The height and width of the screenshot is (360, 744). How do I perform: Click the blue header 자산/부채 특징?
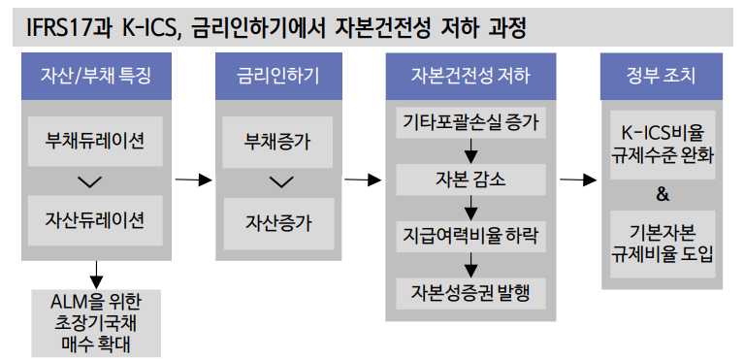click(95, 75)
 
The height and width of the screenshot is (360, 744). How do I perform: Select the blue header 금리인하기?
click(277, 75)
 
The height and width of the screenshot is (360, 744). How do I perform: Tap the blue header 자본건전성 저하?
click(471, 75)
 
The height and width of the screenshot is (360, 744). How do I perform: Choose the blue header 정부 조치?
click(663, 75)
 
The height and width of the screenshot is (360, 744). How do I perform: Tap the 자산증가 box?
click(277, 221)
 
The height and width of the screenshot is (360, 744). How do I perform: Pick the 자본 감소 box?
click(471, 180)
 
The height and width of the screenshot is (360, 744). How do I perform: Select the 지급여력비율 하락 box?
click(471, 236)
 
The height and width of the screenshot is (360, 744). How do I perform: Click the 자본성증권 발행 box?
click(471, 292)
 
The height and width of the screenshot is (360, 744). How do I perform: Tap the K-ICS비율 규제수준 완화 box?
click(663, 143)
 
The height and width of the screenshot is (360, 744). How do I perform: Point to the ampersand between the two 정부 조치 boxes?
click(663, 194)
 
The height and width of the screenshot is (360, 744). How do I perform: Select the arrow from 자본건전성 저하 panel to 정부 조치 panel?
click(577, 180)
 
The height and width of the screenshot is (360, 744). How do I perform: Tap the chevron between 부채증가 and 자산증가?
click(278, 181)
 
